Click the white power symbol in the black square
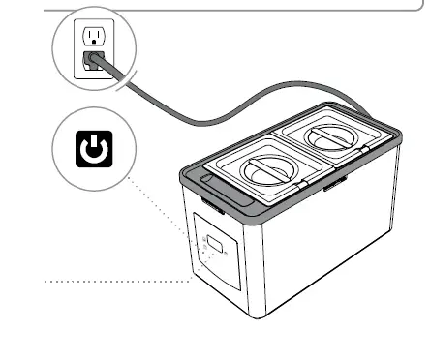tap(93, 150)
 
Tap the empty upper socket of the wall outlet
tap(94, 36)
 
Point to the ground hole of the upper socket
tap(94, 42)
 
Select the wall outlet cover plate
tap(94, 48)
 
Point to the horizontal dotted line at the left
tap(116, 282)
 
